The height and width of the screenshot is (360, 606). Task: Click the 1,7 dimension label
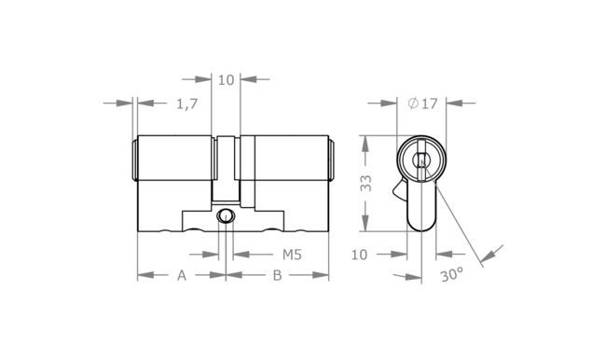click(x=187, y=104)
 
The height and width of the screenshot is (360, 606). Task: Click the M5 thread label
click(x=292, y=255)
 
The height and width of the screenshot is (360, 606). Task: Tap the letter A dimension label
click(x=182, y=275)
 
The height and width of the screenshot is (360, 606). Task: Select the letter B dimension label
click(x=278, y=275)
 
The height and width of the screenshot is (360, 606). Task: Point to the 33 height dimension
click(x=365, y=184)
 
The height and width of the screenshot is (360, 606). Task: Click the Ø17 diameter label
click(x=423, y=104)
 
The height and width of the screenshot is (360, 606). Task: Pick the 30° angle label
click(x=451, y=274)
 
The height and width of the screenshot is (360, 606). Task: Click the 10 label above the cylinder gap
click(x=227, y=80)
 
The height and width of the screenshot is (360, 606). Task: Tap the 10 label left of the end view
click(x=359, y=255)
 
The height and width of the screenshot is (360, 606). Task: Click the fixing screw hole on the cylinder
click(x=226, y=215)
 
